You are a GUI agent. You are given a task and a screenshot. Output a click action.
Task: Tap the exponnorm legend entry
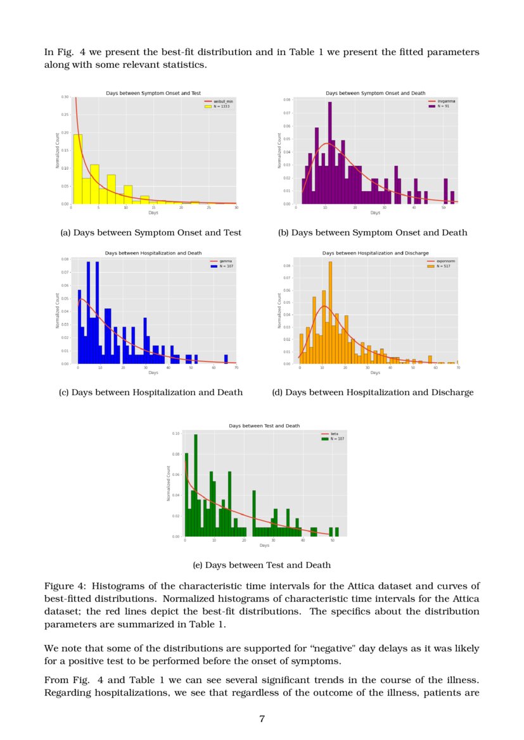point(442,261)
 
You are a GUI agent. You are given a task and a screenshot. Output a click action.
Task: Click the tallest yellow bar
point(77,168)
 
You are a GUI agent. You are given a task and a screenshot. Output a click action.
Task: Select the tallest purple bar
point(329,152)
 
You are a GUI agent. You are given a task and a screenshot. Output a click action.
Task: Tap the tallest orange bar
point(330,313)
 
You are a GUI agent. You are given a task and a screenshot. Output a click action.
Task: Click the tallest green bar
point(196,485)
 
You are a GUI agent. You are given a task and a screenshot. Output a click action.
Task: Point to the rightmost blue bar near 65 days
point(226,359)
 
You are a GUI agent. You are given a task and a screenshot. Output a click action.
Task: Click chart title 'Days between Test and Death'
point(264,426)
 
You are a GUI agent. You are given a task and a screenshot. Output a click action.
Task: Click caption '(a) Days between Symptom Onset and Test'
point(150,233)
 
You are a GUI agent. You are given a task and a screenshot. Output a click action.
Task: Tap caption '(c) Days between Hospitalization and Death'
point(150,392)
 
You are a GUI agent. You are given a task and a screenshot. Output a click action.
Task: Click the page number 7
point(262,718)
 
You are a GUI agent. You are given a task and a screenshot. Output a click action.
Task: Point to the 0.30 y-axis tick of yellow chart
point(65,97)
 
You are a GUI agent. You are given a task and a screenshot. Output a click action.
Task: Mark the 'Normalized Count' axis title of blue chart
point(57,310)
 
